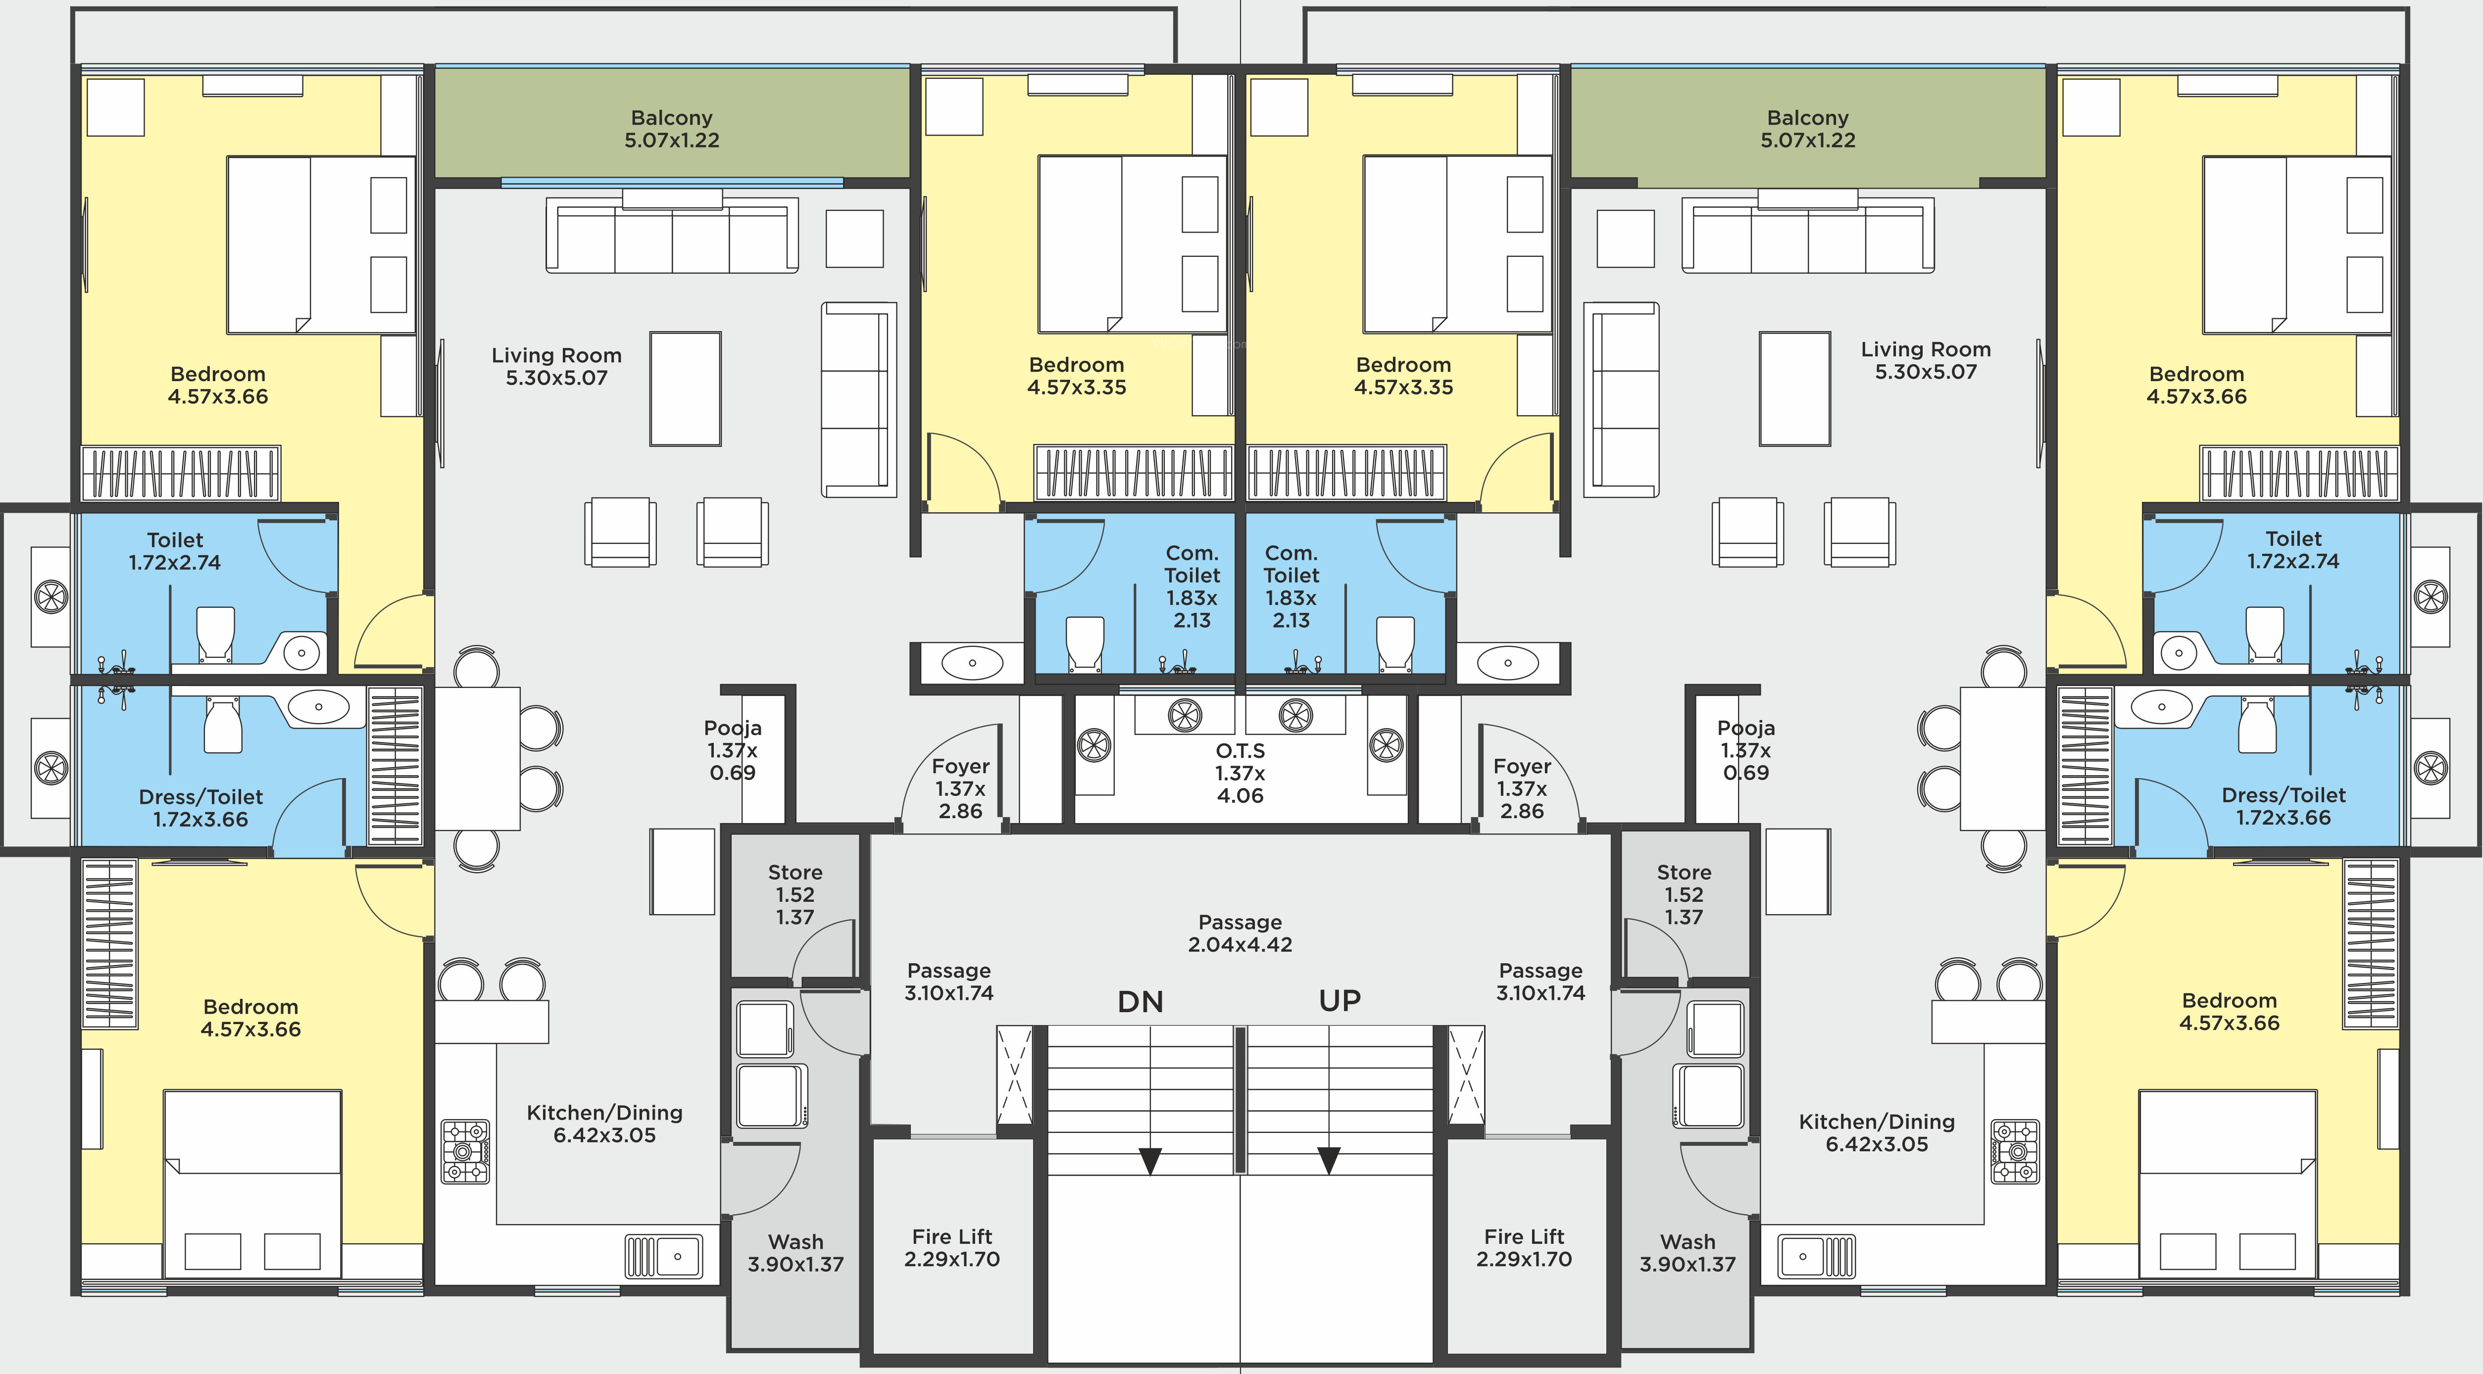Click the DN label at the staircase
[1141, 1002]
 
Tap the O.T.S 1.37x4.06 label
[1241, 773]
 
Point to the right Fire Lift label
[1524, 1248]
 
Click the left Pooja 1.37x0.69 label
[733, 750]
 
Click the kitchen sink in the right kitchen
[1817, 1257]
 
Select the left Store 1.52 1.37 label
[795, 894]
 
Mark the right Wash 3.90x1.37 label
[1688, 1253]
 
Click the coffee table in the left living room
[685, 389]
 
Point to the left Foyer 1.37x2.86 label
[961, 788]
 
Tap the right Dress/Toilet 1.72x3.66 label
[2284, 806]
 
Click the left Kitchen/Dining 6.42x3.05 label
[604, 1124]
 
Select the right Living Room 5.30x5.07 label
[1926, 360]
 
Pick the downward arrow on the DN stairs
[1150, 1160]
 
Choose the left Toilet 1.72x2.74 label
[174, 551]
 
